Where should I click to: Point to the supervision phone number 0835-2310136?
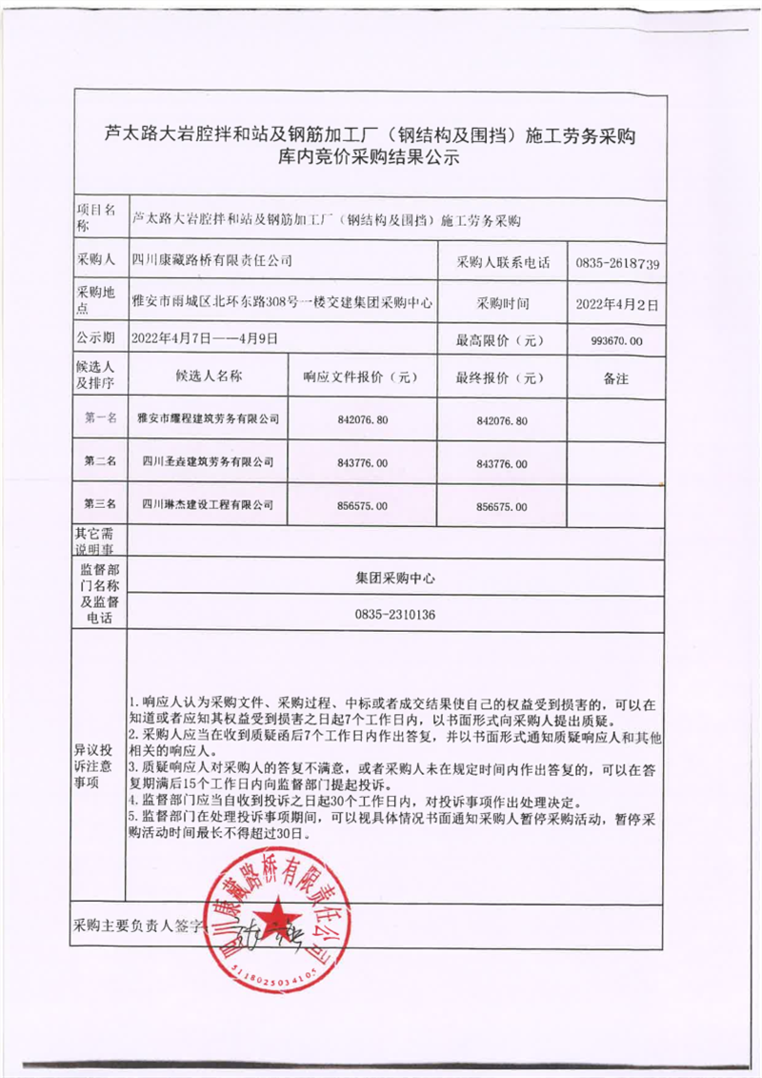point(394,615)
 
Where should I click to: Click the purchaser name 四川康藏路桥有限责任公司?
point(211,259)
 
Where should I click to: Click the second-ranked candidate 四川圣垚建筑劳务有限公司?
point(208,461)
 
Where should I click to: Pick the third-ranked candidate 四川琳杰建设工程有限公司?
point(208,504)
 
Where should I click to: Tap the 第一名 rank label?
point(100,417)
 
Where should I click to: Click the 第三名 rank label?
point(100,503)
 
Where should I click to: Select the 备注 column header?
point(616,378)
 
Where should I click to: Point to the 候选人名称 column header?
point(209,376)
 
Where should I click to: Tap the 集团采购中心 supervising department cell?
point(394,577)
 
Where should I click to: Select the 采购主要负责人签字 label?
point(139,925)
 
